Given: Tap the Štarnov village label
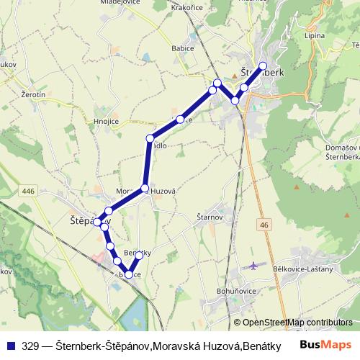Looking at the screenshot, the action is pos(210,216).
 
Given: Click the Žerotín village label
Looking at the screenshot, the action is pos(33,94).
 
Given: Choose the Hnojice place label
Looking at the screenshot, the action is pos(106,122).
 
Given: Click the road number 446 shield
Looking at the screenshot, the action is pos(28,191).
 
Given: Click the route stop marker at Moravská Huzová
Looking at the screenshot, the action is pos(145,189).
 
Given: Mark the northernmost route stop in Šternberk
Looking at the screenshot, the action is pos(263,66).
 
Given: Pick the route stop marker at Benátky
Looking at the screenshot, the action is pos(139,255).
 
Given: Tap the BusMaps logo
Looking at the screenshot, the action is pos(326,345).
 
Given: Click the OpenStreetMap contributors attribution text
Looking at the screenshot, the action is pos(293,322).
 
